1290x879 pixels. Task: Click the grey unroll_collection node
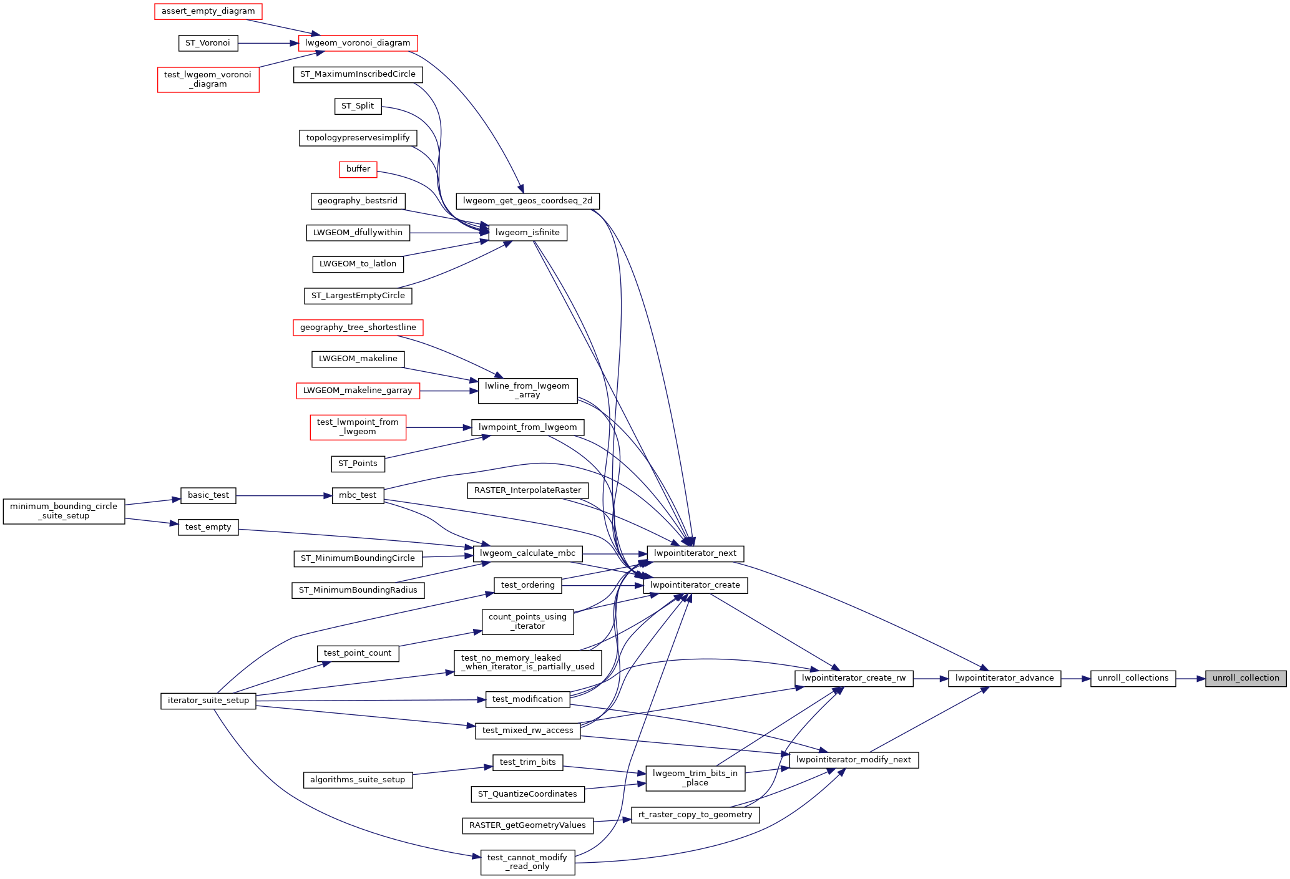coord(1245,678)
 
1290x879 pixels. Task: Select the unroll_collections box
coord(1133,678)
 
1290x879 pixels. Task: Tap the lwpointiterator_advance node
coord(1004,678)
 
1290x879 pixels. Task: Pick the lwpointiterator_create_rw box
coord(853,678)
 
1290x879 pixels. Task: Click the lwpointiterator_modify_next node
coord(853,760)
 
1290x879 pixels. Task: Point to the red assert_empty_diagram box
coord(208,11)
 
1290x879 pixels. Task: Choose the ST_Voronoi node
coord(207,43)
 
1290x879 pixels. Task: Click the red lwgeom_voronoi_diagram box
coord(358,43)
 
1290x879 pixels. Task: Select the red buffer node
coord(358,169)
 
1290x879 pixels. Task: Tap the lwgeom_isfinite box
coord(527,233)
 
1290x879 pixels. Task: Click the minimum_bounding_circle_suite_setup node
coord(64,512)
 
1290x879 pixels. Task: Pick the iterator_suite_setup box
coord(208,701)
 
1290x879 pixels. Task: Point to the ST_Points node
coord(358,464)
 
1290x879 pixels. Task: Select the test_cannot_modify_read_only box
coord(527,862)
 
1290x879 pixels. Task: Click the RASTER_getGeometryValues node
coord(527,825)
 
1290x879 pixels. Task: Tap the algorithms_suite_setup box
coord(358,780)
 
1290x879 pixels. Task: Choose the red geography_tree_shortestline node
coord(358,328)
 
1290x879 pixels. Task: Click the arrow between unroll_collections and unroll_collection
coord(1190,678)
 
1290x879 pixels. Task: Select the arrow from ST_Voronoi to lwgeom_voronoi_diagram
coord(268,43)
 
